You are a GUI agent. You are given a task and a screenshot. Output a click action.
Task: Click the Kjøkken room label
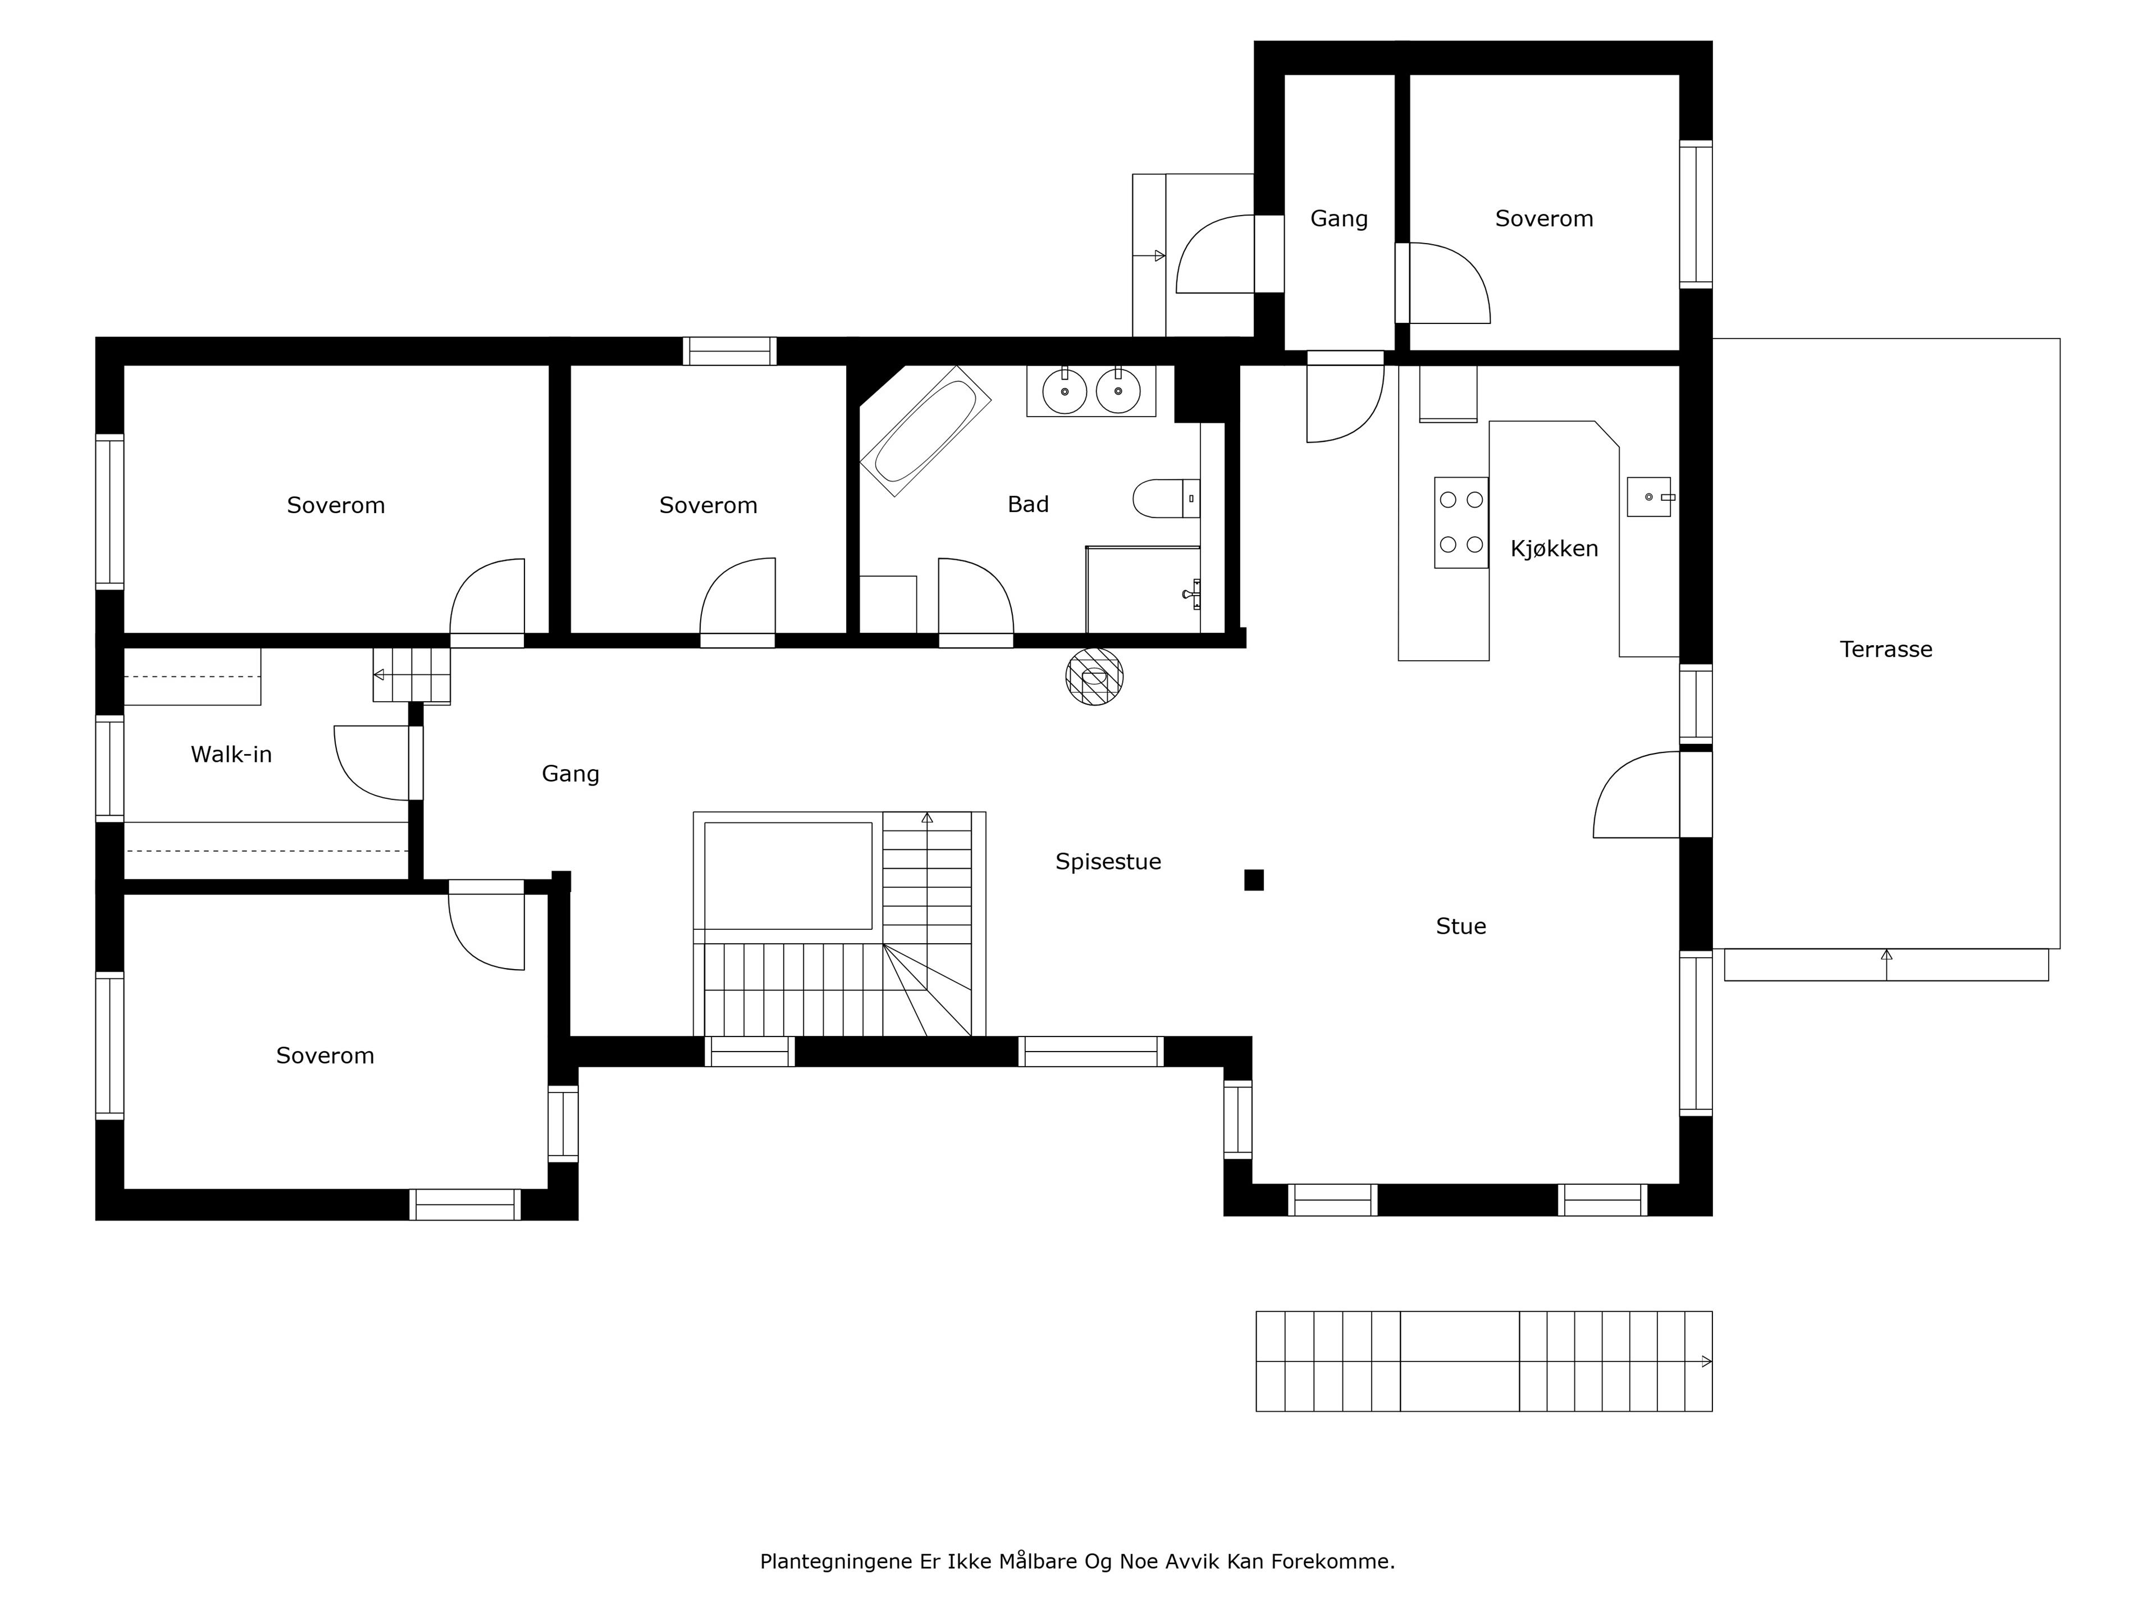[x=1554, y=549]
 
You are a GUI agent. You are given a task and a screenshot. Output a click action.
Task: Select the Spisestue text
[x=1108, y=862]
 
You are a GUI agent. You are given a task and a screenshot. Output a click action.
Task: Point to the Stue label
[x=1460, y=926]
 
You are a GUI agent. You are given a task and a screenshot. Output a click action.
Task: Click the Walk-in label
[x=231, y=755]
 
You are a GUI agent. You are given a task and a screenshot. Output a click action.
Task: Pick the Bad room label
[x=1028, y=504]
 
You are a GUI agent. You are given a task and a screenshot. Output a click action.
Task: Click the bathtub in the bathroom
[x=925, y=431]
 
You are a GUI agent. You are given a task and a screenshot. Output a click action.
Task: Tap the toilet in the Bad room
[x=1166, y=498]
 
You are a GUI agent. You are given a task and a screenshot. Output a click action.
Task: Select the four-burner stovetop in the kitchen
[x=1461, y=522]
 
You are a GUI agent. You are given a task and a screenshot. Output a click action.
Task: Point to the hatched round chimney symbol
[x=1095, y=677]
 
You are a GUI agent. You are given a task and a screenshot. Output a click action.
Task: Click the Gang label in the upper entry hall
[x=1339, y=218]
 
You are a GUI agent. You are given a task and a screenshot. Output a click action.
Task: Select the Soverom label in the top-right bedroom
[x=1544, y=218]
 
